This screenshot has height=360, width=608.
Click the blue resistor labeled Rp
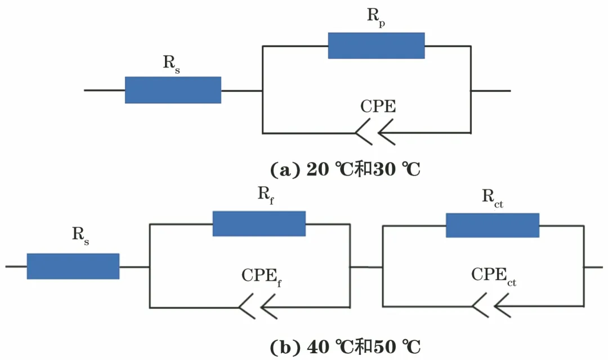376,46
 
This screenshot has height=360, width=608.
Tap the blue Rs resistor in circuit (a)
173,90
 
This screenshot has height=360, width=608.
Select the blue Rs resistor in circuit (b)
73,266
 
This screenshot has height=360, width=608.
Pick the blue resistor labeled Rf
259,224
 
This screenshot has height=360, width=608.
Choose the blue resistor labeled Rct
493,225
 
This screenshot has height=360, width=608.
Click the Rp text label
377,17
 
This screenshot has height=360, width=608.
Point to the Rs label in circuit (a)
172,64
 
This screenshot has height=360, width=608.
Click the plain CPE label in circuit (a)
378,106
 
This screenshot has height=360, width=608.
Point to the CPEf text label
261,276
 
